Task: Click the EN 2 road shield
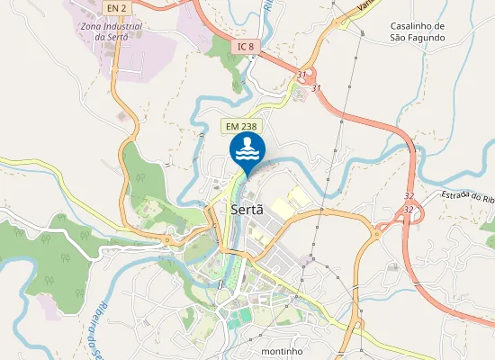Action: pos(113,7)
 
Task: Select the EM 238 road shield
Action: pos(243,128)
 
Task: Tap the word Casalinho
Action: pos(418,26)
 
